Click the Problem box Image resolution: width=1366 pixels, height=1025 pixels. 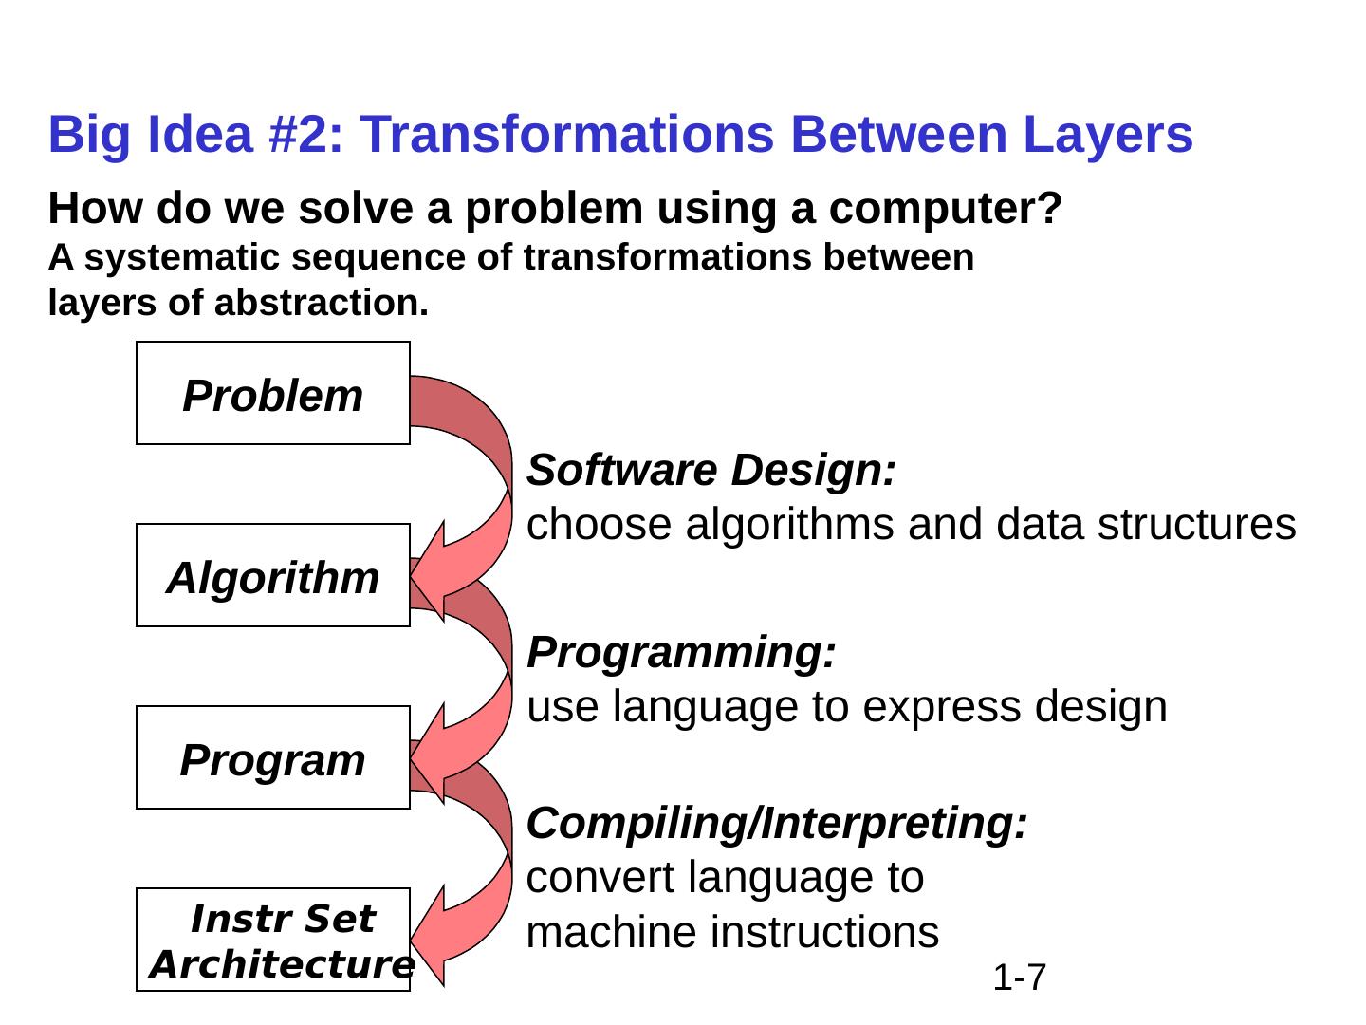pos(273,394)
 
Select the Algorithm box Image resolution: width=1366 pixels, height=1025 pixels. pos(273,576)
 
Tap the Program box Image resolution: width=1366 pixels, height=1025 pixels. pos(273,758)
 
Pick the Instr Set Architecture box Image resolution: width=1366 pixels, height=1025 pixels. pos(273,941)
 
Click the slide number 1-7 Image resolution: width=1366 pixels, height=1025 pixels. pos(1020,977)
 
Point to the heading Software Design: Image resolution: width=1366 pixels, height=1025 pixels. pos(711,471)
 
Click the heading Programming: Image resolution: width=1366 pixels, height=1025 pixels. pos(682,653)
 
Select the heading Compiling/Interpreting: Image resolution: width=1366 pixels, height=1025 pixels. pos(777,824)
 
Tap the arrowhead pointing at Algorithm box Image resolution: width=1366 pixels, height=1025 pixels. pos(429,574)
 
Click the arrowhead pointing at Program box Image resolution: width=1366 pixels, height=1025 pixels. pos(429,756)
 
